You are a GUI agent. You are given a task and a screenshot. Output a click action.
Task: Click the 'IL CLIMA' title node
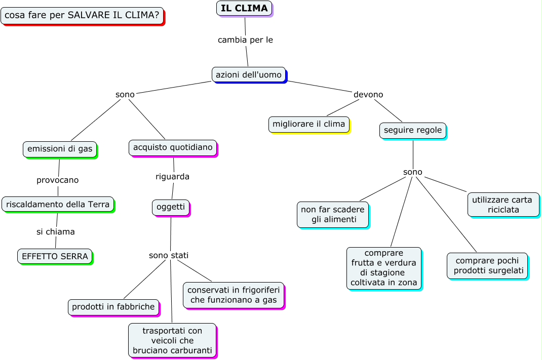coord(244,8)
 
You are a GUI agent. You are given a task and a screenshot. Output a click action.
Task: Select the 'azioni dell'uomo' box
coord(249,74)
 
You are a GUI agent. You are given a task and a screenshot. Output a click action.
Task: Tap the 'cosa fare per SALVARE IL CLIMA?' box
coord(82,15)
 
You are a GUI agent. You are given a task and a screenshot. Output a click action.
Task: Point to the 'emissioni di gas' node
coord(60,149)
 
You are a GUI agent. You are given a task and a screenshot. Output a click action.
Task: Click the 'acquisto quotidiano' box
coord(173,147)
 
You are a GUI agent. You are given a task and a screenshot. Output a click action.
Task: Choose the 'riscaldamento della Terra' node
coord(58,204)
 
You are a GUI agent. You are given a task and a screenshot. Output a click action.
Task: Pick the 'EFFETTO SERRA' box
coord(55,256)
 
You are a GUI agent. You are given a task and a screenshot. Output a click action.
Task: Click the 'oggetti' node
coord(171,207)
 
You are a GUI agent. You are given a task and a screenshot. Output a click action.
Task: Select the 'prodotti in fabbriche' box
coord(113,307)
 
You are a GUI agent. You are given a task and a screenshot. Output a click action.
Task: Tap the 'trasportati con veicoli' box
coord(172,340)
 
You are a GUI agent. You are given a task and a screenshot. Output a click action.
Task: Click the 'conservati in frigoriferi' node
coord(234,295)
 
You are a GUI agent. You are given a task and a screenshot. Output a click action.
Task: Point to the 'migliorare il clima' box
coord(308,124)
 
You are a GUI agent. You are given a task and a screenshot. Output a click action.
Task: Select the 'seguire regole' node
coord(413,130)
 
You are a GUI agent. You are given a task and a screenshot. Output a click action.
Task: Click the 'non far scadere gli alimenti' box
coord(333,215)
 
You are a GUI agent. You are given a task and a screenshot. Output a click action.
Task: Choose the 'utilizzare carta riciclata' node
coord(503,205)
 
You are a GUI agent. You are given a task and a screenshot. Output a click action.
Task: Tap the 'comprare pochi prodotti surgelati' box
coord(487,265)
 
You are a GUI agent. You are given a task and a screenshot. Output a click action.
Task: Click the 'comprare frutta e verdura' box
coord(384,268)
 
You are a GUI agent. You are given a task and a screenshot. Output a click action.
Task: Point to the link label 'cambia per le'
coord(245,39)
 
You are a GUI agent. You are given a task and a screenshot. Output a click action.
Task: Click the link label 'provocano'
coord(58,180)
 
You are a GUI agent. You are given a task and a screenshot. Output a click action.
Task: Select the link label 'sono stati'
coord(169,255)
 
